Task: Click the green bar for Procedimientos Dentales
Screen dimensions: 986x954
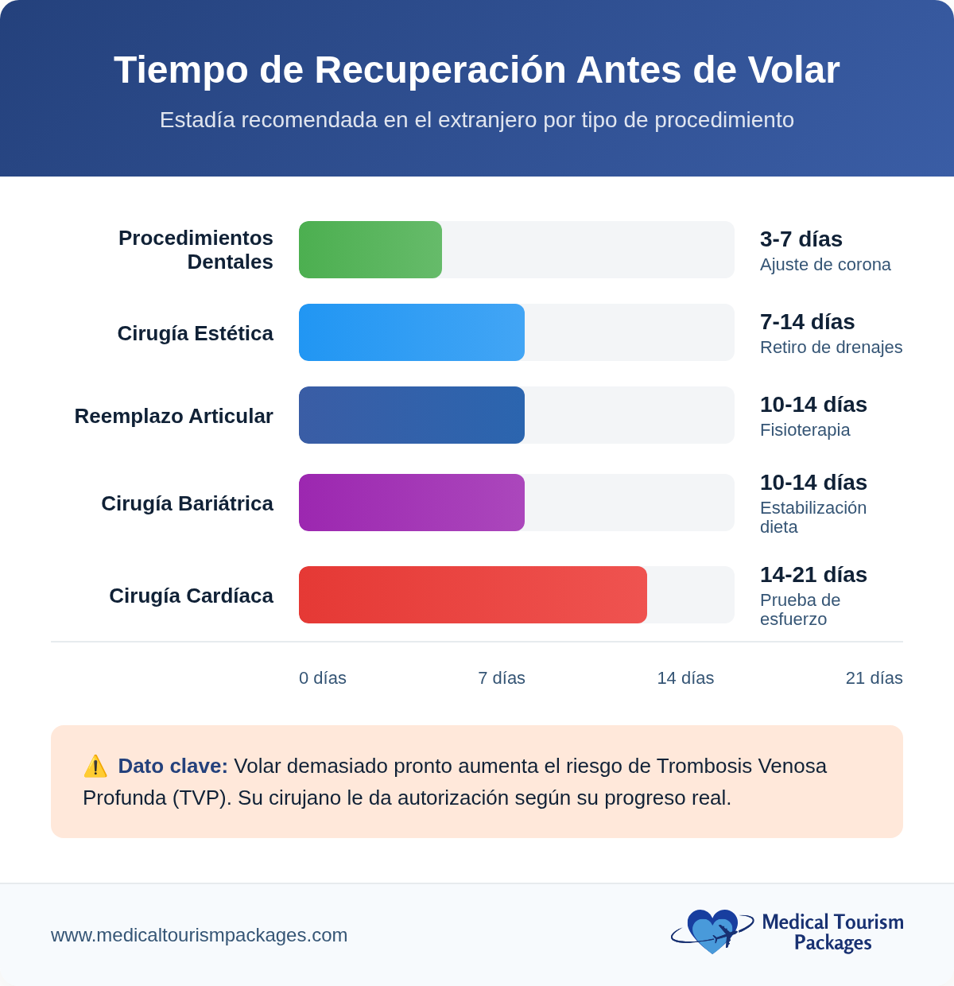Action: tap(370, 250)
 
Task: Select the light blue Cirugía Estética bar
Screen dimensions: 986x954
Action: tap(412, 332)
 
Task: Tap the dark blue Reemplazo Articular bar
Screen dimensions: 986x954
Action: tap(412, 415)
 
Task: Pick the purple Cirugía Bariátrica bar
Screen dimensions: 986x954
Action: tap(412, 503)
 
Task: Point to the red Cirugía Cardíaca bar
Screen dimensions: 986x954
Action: tap(473, 595)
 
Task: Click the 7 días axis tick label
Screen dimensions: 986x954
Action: tap(502, 678)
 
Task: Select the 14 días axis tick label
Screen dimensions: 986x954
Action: tap(685, 678)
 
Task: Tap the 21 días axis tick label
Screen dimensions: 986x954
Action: tap(874, 678)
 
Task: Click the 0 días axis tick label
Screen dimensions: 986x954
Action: tap(323, 678)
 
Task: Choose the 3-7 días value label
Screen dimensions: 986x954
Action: tap(801, 239)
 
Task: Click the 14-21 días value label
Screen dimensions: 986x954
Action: tap(813, 575)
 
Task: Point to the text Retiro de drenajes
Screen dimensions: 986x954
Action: tap(831, 347)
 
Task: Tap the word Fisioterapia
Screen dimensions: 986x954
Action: tap(805, 430)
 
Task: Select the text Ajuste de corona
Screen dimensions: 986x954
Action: tap(825, 265)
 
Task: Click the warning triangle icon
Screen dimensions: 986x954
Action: tap(95, 767)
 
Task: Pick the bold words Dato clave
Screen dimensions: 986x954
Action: tap(173, 767)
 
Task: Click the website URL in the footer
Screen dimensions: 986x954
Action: tap(200, 935)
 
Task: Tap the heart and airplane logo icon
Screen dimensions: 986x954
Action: tap(712, 931)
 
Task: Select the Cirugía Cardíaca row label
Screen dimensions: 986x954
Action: tap(191, 596)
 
